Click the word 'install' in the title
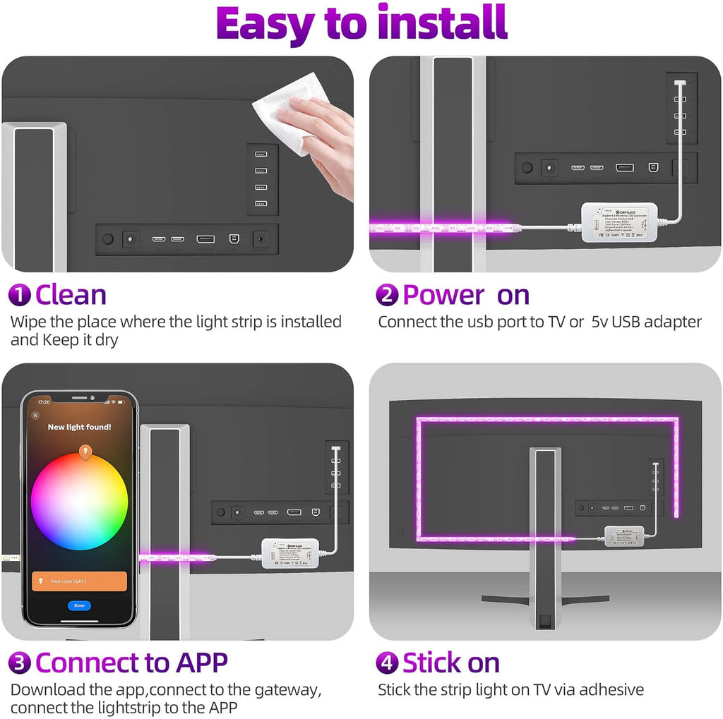coord(442,24)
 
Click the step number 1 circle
coord(19,294)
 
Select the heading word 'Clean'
coord(71,294)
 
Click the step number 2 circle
coord(386,295)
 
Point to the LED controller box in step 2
coord(619,222)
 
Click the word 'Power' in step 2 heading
coord(443,295)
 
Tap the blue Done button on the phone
coord(79,605)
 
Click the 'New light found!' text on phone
coord(79,427)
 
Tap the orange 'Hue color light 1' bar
coord(79,581)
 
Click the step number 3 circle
coord(19,663)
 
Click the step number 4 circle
coord(386,663)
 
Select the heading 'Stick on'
coord(450,663)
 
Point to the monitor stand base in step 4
coord(545,600)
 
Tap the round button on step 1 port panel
coord(107,239)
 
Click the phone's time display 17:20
coord(44,402)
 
